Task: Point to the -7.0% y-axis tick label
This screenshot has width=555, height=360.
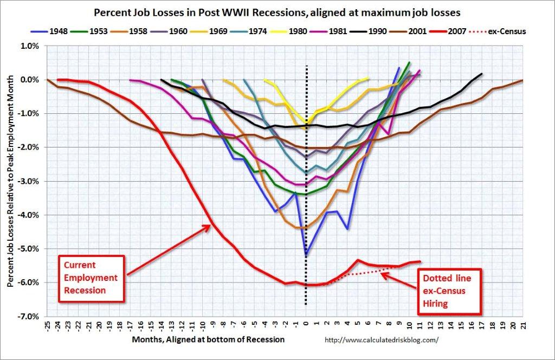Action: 29,316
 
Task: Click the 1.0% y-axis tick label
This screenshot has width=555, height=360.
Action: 30,46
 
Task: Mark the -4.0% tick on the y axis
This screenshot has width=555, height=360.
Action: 29,215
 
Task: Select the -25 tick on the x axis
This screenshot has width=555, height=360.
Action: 48,327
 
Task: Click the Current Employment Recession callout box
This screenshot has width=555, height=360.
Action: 91,277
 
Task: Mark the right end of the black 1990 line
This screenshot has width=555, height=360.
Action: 481,73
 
